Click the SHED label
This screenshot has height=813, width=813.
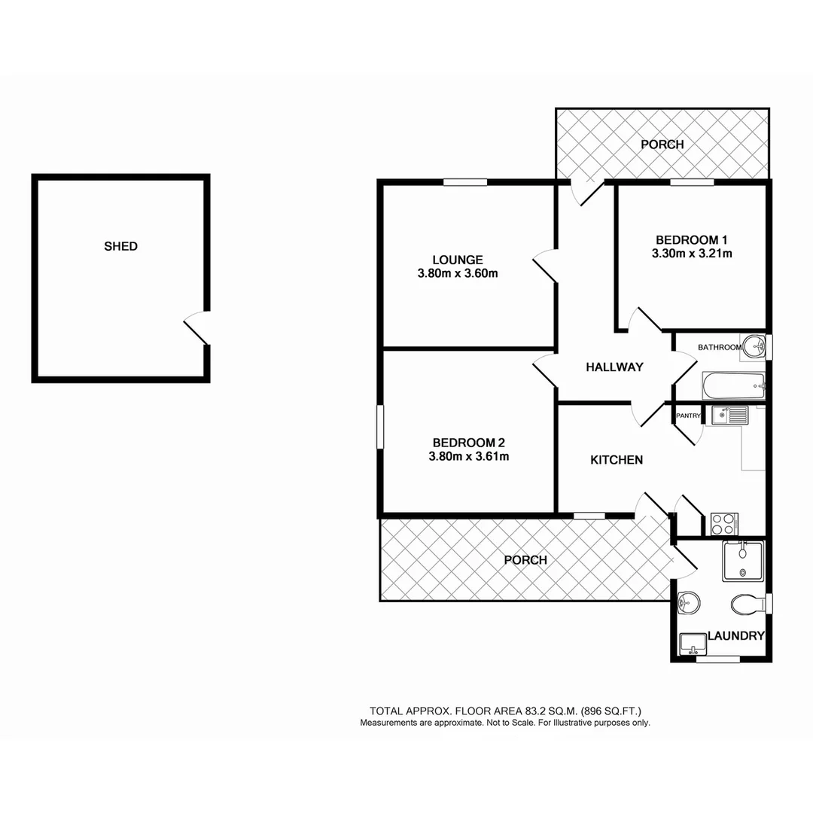coord(120,246)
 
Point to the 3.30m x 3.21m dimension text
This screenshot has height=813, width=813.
coord(692,254)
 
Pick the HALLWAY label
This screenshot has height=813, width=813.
coord(615,367)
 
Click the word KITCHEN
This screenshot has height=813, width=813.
coord(617,459)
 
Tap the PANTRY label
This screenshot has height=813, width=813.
coord(688,415)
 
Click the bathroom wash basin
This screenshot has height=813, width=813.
coord(752,347)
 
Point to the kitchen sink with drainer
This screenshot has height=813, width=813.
coord(728,415)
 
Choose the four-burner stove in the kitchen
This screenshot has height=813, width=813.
coord(724,522)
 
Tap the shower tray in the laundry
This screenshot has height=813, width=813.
coord(743,561)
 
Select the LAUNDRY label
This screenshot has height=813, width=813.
coord(735,636)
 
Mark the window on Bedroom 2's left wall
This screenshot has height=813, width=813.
coord(380,429)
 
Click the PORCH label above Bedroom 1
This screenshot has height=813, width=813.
coord(662,145)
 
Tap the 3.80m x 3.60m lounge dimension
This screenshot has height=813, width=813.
coord(458,274)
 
